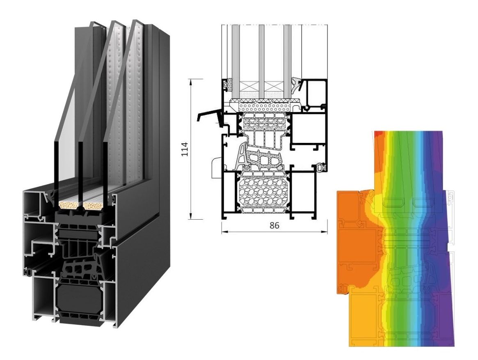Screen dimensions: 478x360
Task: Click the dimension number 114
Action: point(185,149)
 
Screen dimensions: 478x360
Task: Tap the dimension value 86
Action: point(274,225)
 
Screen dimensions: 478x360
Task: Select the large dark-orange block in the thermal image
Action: point(357,241)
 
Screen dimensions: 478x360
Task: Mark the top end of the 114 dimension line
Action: point(190,79)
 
